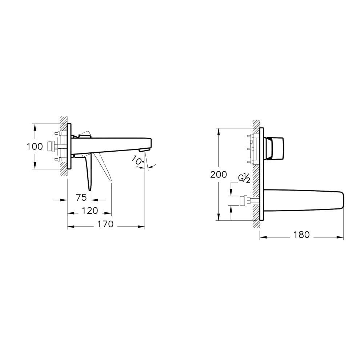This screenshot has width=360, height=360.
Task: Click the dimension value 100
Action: click(35, 147)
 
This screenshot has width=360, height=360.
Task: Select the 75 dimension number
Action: click(81, 197)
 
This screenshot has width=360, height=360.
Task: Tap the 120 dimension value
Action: click(90, 211)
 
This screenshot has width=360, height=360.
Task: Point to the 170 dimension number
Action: click(105, 224)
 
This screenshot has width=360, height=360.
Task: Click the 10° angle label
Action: click(137, 160)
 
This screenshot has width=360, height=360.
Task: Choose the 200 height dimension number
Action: click(219, 174)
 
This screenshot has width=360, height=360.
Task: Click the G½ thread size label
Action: click(244, 179)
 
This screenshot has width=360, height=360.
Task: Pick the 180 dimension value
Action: click(301, 235)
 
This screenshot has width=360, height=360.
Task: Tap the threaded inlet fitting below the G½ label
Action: click(244, 200)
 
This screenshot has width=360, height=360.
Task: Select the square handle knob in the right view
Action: click(275, 148)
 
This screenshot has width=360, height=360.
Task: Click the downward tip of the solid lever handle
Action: click(91, 187)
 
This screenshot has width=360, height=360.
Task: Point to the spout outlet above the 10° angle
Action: click(145, 150)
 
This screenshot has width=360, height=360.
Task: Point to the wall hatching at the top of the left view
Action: click(64, 120)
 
